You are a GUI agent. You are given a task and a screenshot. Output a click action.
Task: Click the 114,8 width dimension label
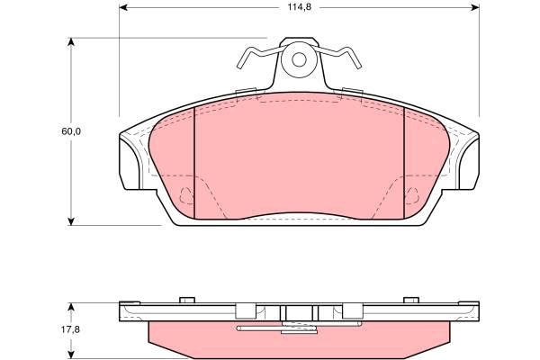pos(300,7)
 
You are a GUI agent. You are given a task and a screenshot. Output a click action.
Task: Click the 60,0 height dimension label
pos(71,131)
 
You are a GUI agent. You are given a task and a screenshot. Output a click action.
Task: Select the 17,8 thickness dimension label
pos(70,329)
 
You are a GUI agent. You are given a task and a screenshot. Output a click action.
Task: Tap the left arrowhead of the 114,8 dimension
pos(123,7)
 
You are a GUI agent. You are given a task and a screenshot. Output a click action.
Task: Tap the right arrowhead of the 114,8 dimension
pos(475,7)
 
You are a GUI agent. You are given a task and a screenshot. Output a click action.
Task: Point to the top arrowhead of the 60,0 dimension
pos(71,41)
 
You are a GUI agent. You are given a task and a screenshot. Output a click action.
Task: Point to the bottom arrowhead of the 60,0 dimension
pos(71,221)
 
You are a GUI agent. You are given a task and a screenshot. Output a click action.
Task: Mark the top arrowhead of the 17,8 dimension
pos(71,307)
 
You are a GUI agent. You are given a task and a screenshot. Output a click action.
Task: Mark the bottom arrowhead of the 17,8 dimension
pos(71,355)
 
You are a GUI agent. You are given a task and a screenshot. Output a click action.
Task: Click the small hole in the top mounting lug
pos(299,59)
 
